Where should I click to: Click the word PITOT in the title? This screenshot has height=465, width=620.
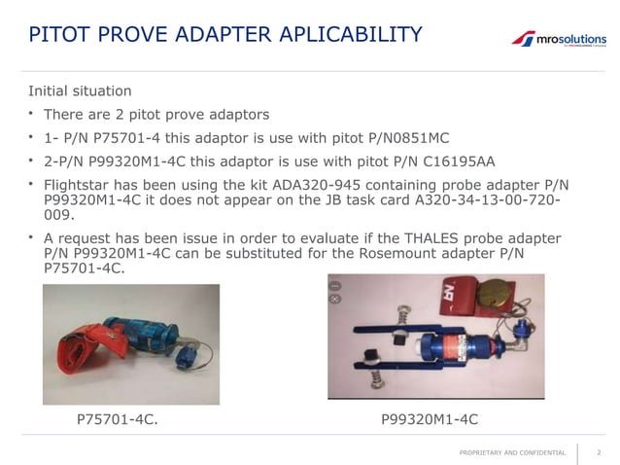[60, 35]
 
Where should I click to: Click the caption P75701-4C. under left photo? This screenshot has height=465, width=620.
[117, 419]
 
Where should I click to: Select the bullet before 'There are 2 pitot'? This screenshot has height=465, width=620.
[31, 114]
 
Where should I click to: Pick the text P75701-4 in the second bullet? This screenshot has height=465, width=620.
[128, 136]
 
